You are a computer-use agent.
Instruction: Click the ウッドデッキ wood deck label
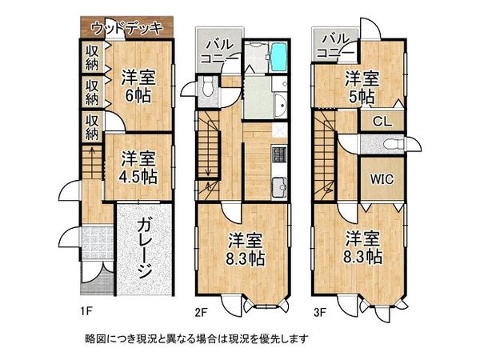(127, 28)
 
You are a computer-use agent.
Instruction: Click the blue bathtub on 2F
(278, 58)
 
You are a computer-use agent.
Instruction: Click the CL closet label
(382, 122)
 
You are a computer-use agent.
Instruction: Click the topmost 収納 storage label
(93, 55)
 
